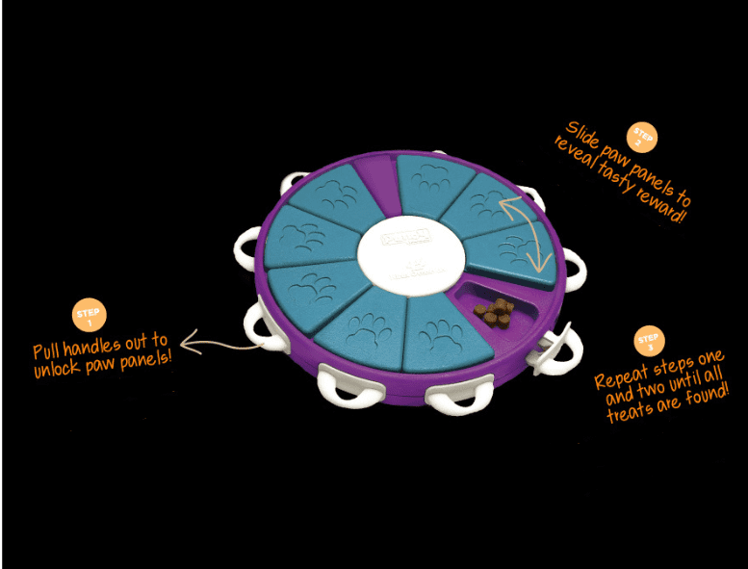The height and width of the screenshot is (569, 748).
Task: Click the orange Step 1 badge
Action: tap(89, 315)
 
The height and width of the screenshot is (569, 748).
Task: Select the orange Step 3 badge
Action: tap(648, 341)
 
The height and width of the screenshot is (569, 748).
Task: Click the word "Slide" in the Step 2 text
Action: tap(584, 136)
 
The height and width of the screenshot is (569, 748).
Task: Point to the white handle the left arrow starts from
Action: tap(261, 327)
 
